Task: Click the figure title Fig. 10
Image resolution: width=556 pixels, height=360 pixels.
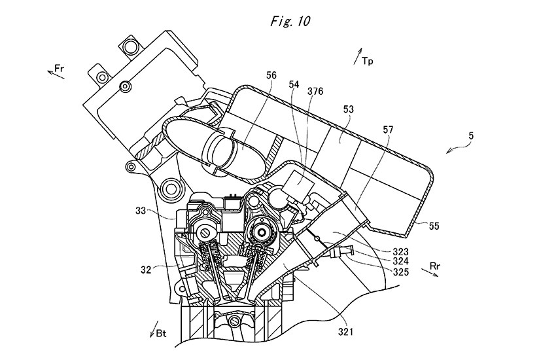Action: [290, 21]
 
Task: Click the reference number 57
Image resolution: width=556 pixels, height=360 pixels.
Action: [389, 130]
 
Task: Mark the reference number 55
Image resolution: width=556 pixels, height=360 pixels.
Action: [435, 226]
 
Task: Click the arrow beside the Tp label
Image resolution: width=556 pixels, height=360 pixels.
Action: [358, 56]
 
